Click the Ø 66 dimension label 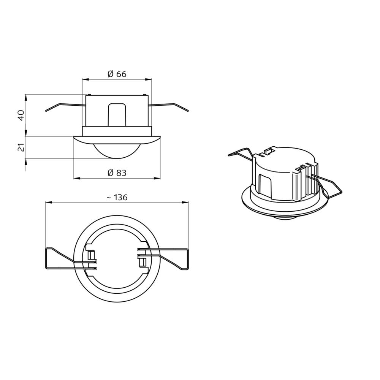(117, 74)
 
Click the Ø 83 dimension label (117, 173)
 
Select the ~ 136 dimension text (117, 197)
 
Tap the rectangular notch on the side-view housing (117, 114)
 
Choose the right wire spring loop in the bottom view (175, 258)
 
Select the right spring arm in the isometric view (331, 188)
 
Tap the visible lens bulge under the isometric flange (285, 220)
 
